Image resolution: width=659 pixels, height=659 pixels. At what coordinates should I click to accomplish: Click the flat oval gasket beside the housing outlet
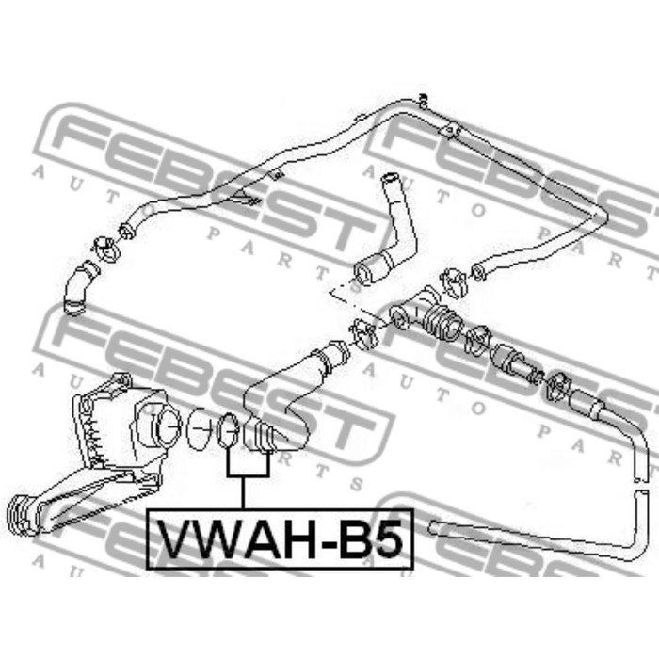201,428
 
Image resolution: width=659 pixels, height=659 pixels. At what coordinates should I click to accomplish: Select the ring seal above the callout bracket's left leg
228,430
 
